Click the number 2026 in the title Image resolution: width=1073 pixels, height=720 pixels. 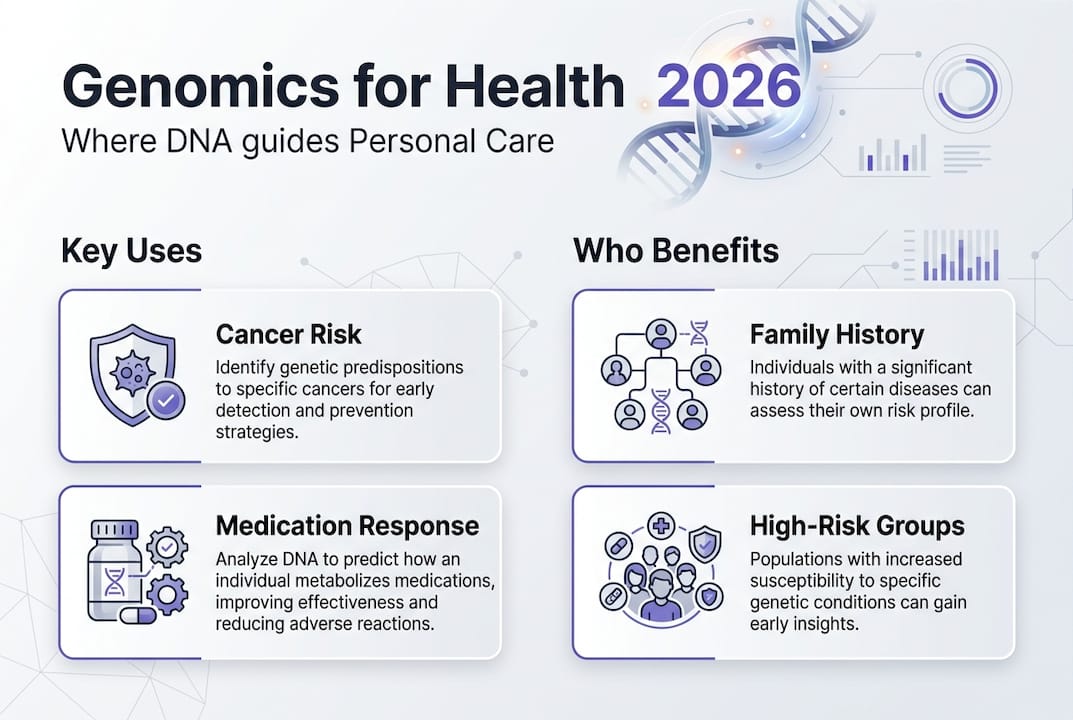click(x=729, y=86)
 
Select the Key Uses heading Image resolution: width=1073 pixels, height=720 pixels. click(x=131, y=250)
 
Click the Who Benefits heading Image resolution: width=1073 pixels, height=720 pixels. click(x=676, y=250)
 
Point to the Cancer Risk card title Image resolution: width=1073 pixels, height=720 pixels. click(x=288, y=334)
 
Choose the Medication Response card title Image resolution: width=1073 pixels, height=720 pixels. click(x=347, y=526)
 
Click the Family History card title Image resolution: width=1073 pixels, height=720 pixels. click(x=837, y=335)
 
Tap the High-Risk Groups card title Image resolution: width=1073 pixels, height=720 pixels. click(x=857, y=526)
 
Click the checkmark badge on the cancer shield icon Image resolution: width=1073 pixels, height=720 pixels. click(x=166, y=400)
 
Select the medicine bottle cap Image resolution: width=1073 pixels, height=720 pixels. click(x=115, y=530)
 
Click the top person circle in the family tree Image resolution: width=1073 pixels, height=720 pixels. click(x=660, y=335)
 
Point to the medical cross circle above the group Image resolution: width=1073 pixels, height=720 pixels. click(x=660, y=526)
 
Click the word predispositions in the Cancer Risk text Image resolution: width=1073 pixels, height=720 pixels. click(x=403, y=368)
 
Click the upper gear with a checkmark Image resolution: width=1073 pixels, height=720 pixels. click(x=167, y=547)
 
